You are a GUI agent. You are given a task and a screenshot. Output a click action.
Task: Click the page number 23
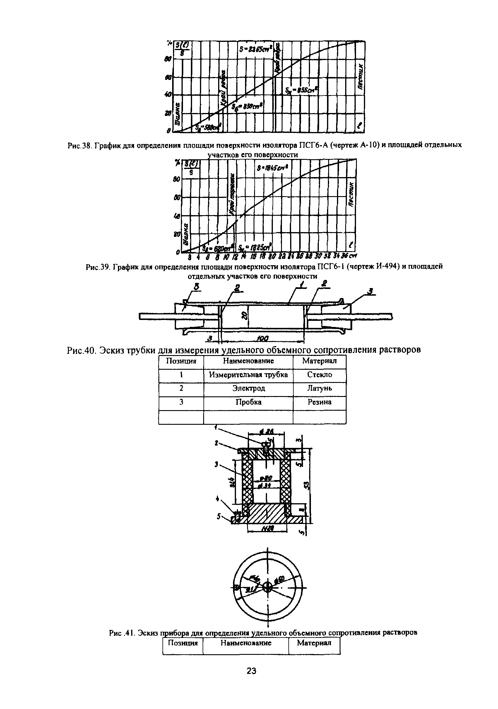coord(251,679)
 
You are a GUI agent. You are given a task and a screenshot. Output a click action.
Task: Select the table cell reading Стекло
coord(319,375)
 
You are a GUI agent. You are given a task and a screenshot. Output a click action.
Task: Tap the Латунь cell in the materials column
coord(319,388)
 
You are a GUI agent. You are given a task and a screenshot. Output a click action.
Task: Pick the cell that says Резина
coord(319,402)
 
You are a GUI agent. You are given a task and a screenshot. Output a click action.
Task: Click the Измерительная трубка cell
coord(248,375)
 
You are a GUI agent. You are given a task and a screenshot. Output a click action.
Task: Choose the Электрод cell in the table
coord(248,388)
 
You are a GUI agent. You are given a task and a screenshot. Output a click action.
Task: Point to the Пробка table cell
coord(248,402)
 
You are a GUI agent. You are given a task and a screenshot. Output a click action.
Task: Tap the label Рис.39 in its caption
coord(98,267)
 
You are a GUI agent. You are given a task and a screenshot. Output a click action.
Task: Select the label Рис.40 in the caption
coord(81,350)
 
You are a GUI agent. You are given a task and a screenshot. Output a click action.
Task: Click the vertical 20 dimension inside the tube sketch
coord(244,316)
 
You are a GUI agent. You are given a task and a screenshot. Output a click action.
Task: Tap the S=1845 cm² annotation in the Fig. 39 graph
coord(272,169)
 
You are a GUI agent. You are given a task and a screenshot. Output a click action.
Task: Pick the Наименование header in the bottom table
coord(246,643)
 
